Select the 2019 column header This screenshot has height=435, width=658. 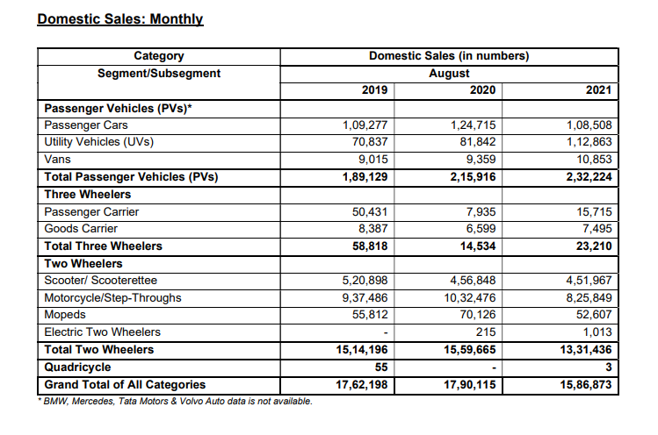pyautogui.click(x=375, y=90)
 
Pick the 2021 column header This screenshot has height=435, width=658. pyautogui.click(x=598, y=90)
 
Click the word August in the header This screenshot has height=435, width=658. pyautogui.click(x=448, y=73)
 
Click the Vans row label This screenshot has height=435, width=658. pyautogui.click(x=58, y=159)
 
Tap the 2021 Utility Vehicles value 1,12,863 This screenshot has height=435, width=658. pyautogui.click(x=583, y=142)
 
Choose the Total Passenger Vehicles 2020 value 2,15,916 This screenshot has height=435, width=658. pyautogui.click(x=473, y=177)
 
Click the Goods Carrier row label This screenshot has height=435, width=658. pyautogui.click(x=82, y=228)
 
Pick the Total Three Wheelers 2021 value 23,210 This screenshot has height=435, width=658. pyautogui.click(x=590, y=246)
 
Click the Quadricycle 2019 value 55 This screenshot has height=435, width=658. pyautogui.click(x=380, y=367)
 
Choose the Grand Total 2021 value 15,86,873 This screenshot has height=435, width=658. pyautogui.click(x=583, y=385)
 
